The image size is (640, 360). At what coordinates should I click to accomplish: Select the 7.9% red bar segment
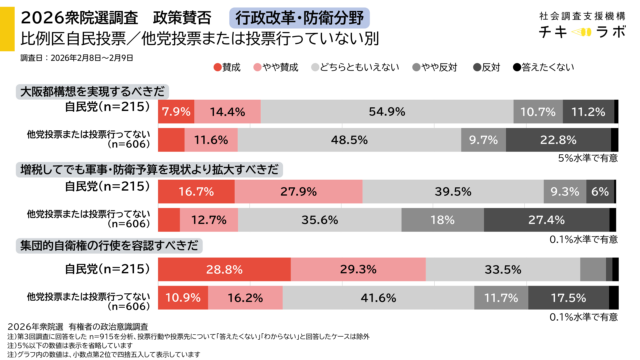pyautogui.click(x=176, y=111)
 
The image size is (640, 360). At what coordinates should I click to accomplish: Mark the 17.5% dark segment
pyautogui.click(x=569, y=298)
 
